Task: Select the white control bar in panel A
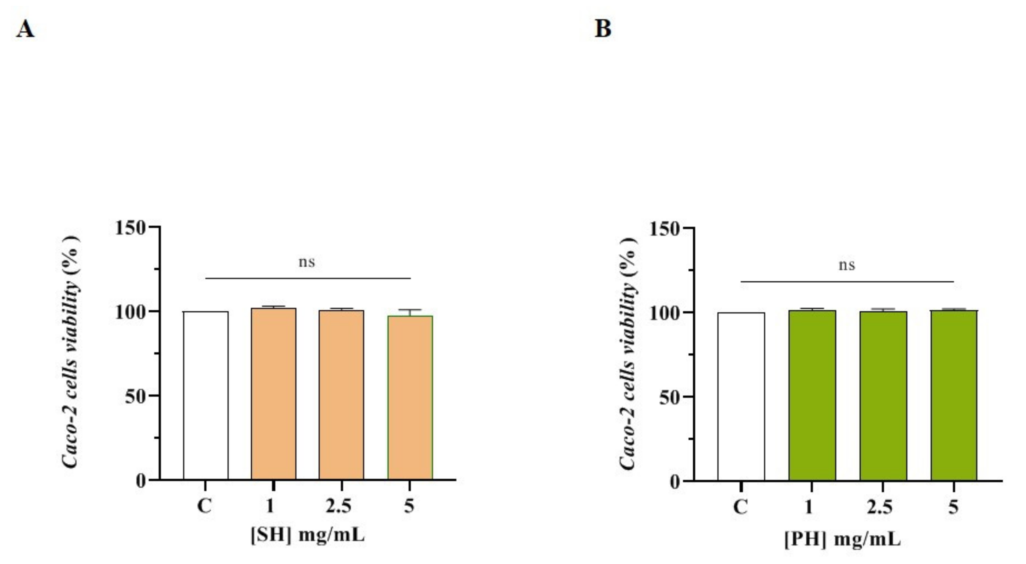click(x=205, y=395)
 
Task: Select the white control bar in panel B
click(x=741, y=396)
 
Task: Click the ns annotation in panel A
click(x=307, y=262)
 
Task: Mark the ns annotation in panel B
click(x=846, y=265)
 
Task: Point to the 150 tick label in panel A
click(x=130, y=228)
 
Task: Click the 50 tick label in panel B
click(x=670, y=397)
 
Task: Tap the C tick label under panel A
click(x=205, y=506)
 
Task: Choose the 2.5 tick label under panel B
click(x=880, y=507)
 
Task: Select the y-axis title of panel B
click(x=629, y=353)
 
